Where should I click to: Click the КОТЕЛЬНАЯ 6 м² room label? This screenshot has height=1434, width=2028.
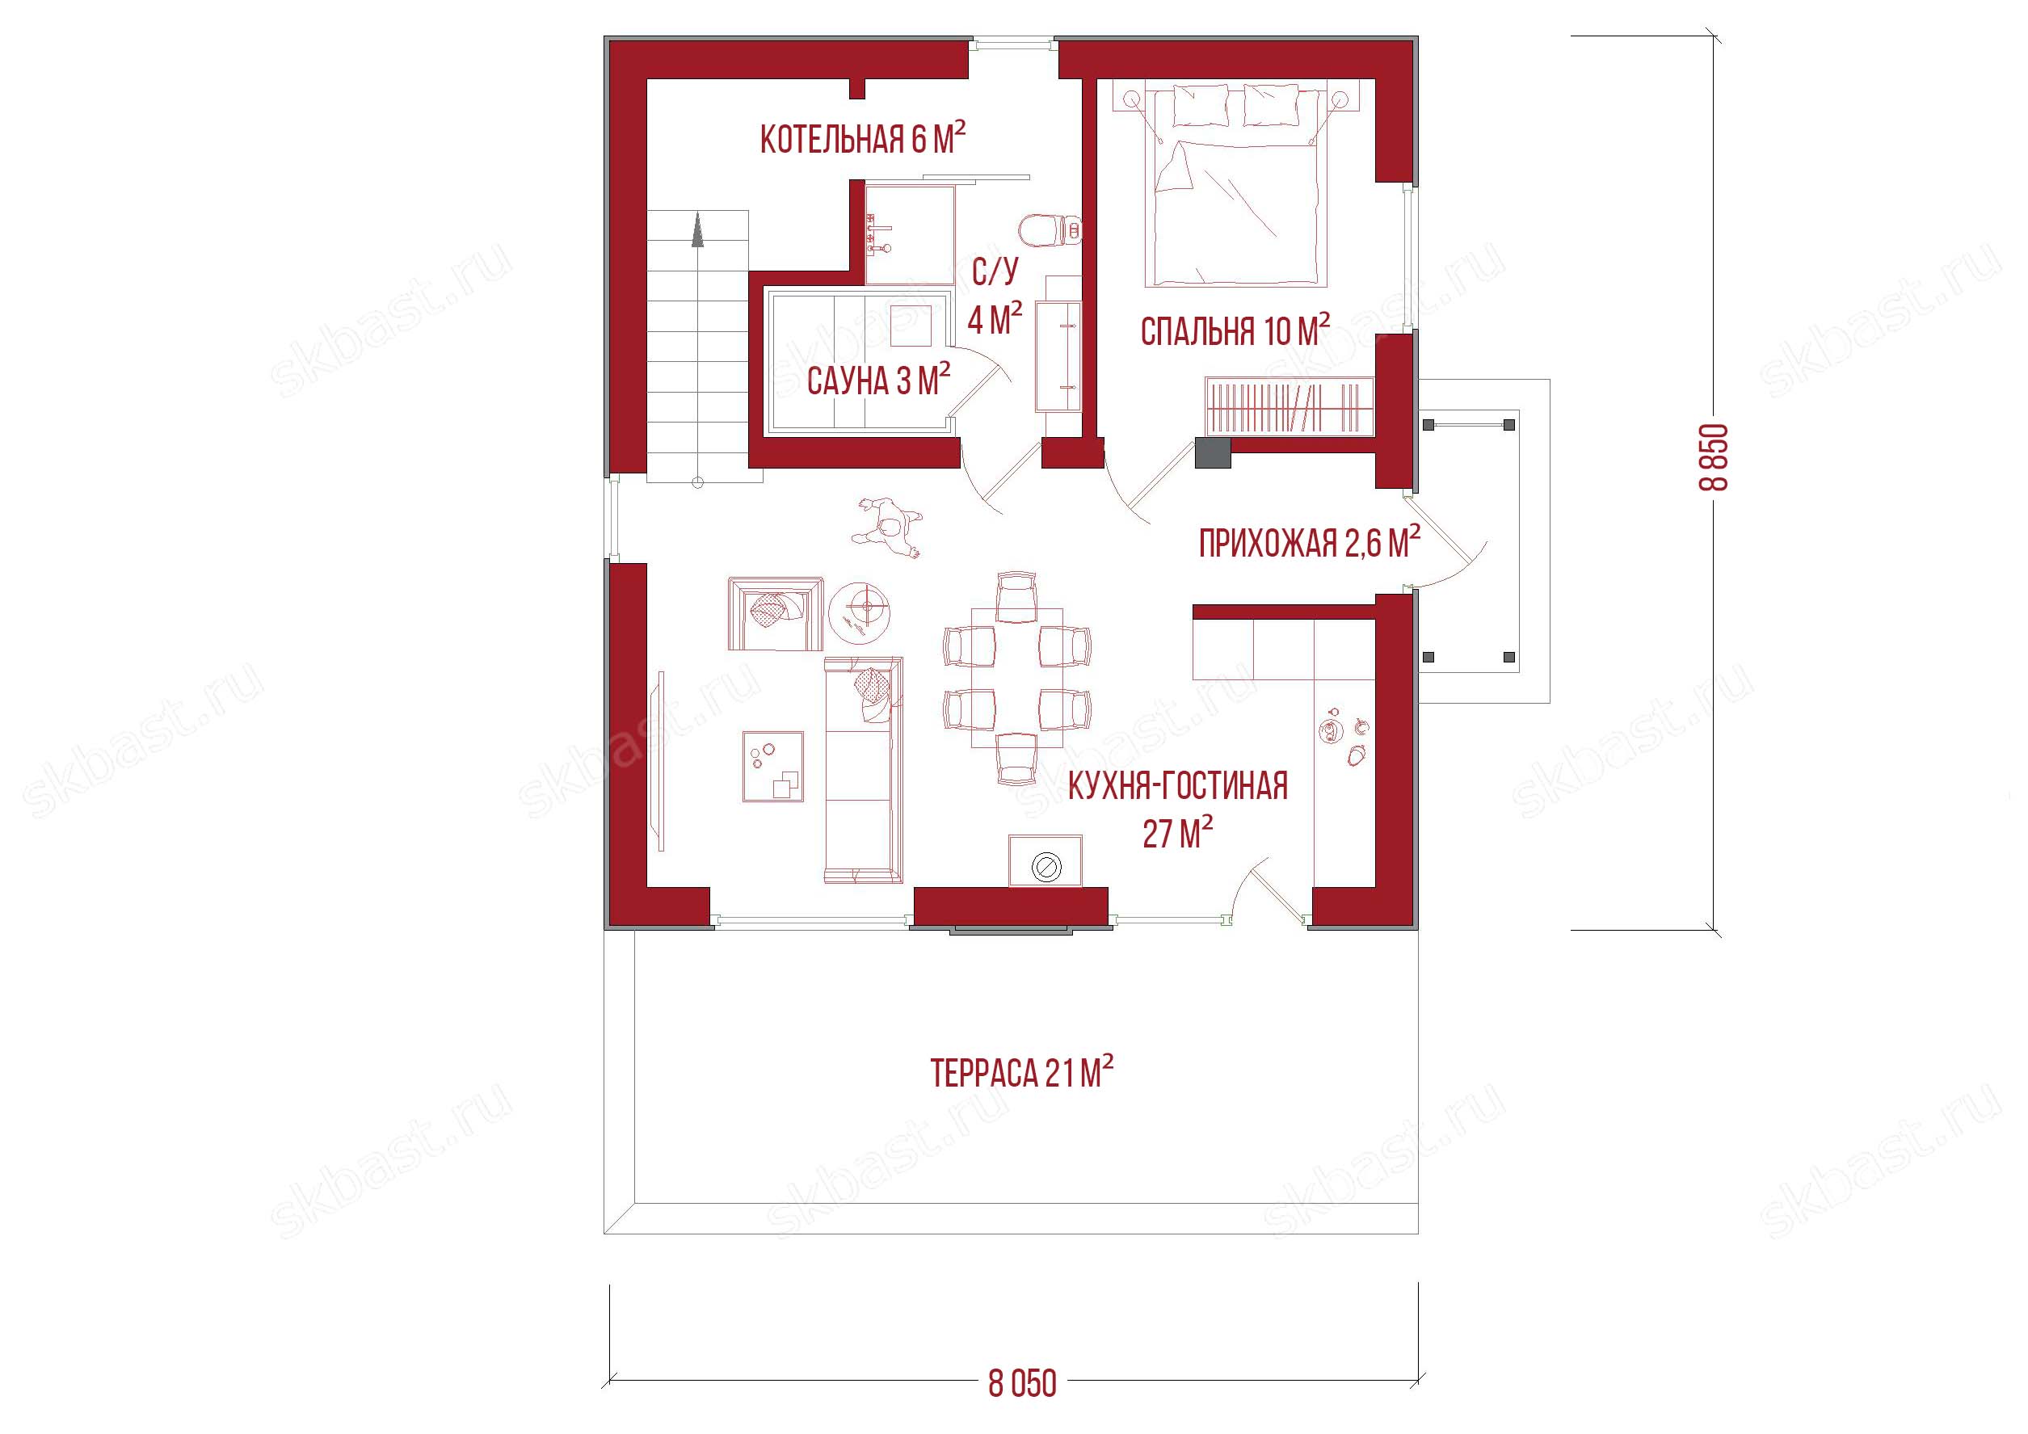coord(862,139)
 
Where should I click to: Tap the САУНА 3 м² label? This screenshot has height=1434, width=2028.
coord(878,381)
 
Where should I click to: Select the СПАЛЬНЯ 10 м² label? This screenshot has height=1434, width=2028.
coord(1235,330)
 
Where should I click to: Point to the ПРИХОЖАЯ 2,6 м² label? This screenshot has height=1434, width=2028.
coord(1309,542)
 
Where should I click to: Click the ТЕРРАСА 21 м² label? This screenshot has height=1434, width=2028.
coord(1021,1072)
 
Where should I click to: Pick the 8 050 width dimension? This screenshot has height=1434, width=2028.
coord(1022,1382)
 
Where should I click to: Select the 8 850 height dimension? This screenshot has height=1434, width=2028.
coord(1715,457)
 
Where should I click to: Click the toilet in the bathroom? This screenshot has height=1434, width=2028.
coord(1050,230)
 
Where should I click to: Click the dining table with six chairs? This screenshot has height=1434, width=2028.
coord(1016,676)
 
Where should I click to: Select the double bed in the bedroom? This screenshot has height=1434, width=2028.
coord(1235,186)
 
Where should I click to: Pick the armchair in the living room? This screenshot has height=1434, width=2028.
coord(776,614)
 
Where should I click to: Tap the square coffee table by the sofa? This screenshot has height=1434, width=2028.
coord(773,766)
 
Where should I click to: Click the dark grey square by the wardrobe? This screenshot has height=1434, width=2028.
coord(1213,452)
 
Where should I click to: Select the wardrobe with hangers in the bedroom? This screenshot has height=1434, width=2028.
coord(1290,406)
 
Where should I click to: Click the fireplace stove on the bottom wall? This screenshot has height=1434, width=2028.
coord(1046,861)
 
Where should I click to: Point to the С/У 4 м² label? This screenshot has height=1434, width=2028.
coord(995,295)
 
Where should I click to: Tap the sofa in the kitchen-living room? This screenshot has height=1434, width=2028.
coord(863,770)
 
